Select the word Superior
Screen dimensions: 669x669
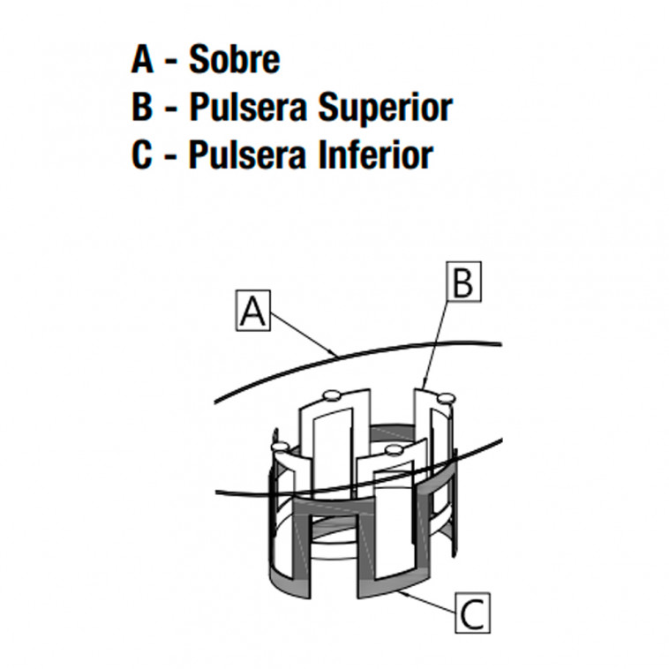(385, 107)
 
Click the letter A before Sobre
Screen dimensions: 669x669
(144, 60)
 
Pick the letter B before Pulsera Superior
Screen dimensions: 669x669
(144, 107)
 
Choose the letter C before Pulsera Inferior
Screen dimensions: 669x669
(144, 154)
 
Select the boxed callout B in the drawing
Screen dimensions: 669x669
(463, 282)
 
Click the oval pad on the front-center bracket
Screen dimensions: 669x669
(393, 450)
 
